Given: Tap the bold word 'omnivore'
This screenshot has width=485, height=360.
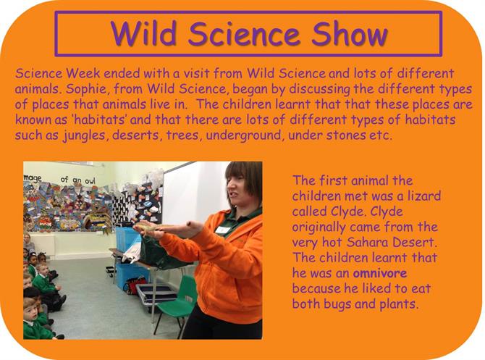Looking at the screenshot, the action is coord(380,273).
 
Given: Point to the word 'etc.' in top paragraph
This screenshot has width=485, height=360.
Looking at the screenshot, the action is coord(381,135).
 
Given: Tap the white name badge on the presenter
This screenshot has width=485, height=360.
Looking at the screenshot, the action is coord(223,230).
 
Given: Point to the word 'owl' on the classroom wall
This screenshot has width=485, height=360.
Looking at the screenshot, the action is coord(90,181).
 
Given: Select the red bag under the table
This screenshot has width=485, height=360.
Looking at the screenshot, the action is coord(135,284).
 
